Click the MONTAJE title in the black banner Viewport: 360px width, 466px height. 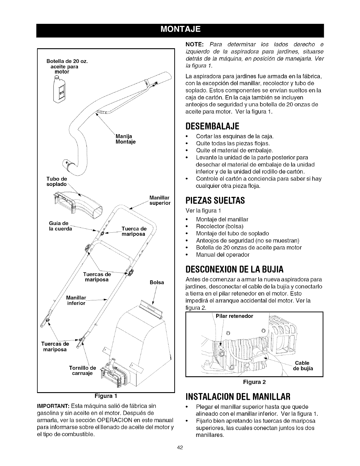pos(180,29)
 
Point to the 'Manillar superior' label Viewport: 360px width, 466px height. pos(160,200)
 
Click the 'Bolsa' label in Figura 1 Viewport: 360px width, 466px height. pos(156,282)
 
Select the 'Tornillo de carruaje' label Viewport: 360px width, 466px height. pos(82,371)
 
